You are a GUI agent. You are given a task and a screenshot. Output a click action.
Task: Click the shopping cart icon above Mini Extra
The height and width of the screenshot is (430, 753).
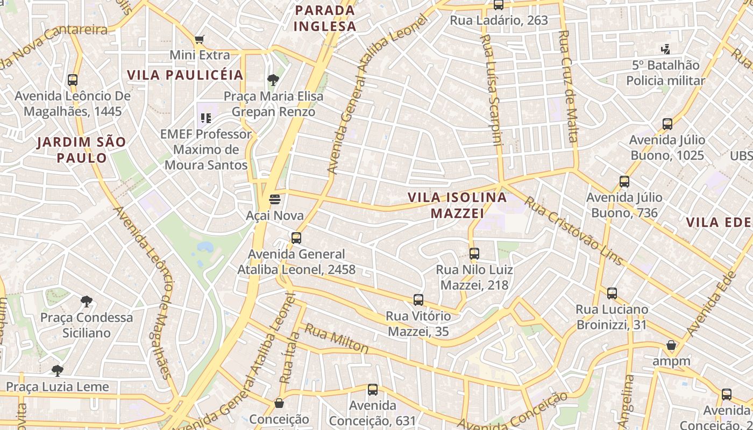pos(200,39)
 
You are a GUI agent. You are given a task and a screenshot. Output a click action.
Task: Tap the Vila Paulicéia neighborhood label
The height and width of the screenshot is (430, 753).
pos(186,75)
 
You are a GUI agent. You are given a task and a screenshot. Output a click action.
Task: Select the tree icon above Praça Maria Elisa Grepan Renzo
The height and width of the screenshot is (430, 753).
pos(273,81)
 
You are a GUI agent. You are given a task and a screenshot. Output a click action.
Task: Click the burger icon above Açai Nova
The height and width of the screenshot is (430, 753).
pos(275,200)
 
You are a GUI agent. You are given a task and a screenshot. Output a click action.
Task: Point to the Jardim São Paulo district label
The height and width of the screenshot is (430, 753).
pos(82,150)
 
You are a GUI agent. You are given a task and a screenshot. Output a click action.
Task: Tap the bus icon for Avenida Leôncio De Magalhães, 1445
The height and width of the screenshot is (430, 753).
pos(73,80)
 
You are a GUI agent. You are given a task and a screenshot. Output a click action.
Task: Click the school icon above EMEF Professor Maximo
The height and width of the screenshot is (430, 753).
pos(205,118)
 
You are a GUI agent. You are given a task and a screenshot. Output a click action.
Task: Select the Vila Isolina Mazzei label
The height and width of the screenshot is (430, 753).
pos(457,205)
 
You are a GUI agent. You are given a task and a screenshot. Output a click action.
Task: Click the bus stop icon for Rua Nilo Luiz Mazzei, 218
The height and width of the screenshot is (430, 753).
pos(474,254)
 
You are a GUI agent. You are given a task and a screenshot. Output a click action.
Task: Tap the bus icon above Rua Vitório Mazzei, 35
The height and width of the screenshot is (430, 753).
pos(418,300)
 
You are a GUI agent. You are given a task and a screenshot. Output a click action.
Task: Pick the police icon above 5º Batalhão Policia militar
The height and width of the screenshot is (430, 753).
pos(665,49)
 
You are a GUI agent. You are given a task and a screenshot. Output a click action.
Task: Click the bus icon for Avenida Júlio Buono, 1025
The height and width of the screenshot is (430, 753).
pos(667,124)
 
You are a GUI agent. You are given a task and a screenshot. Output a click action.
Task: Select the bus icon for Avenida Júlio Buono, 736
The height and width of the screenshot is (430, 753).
pos(624,182)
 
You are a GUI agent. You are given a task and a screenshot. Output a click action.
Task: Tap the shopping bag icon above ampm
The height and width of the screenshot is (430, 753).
pos(671,345)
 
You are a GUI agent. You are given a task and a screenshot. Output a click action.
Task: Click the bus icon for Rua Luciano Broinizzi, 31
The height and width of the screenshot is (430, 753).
pos(612,293)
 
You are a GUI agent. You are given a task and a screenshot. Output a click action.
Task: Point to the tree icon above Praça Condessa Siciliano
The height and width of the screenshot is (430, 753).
pos(86,302)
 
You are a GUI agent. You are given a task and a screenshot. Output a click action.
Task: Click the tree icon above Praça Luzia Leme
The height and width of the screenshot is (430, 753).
pos(57,371)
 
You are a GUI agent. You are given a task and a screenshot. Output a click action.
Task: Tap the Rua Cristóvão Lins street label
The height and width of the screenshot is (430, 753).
pos(573,231)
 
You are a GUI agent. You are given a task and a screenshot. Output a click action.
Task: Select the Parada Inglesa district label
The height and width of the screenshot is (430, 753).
pos(325,18)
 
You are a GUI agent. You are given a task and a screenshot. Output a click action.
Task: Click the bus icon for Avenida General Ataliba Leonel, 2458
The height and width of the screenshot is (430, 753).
pos(296,238)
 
